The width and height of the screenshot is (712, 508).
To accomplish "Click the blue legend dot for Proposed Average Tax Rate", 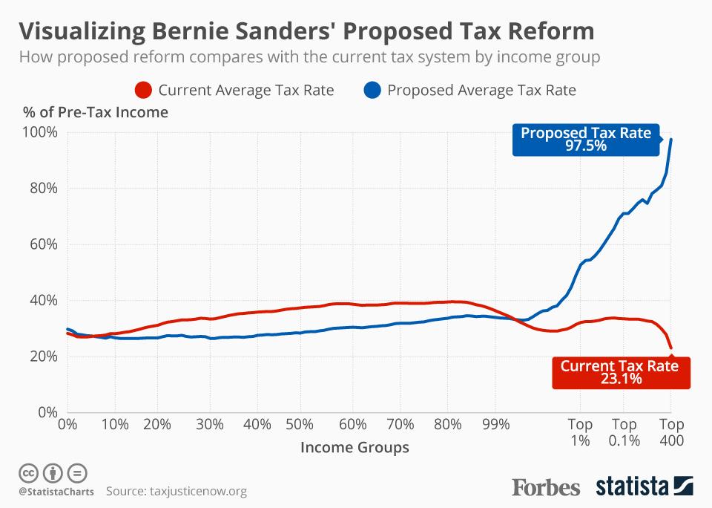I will [x=373, y=91].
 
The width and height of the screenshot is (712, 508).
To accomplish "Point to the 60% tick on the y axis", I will [x=44, y=245].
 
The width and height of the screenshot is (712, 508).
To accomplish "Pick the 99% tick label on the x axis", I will [x=495, y=425].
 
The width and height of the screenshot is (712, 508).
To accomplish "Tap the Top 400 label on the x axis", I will [x=670, y=432].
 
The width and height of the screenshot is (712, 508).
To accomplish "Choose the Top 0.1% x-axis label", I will [x=624, y=432].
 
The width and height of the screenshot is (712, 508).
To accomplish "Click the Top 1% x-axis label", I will [x=580, y=432].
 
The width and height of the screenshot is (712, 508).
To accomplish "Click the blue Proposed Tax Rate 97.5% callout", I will [x=585, y=140].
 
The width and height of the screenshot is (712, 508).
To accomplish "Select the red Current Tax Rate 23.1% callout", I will [x=621, y=372].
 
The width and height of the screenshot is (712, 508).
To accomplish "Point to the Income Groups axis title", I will [x=355, y=448].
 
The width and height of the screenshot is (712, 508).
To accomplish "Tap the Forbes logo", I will [x=546, y=487].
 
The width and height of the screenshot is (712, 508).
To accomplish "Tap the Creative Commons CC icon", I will [x=28, y=472].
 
